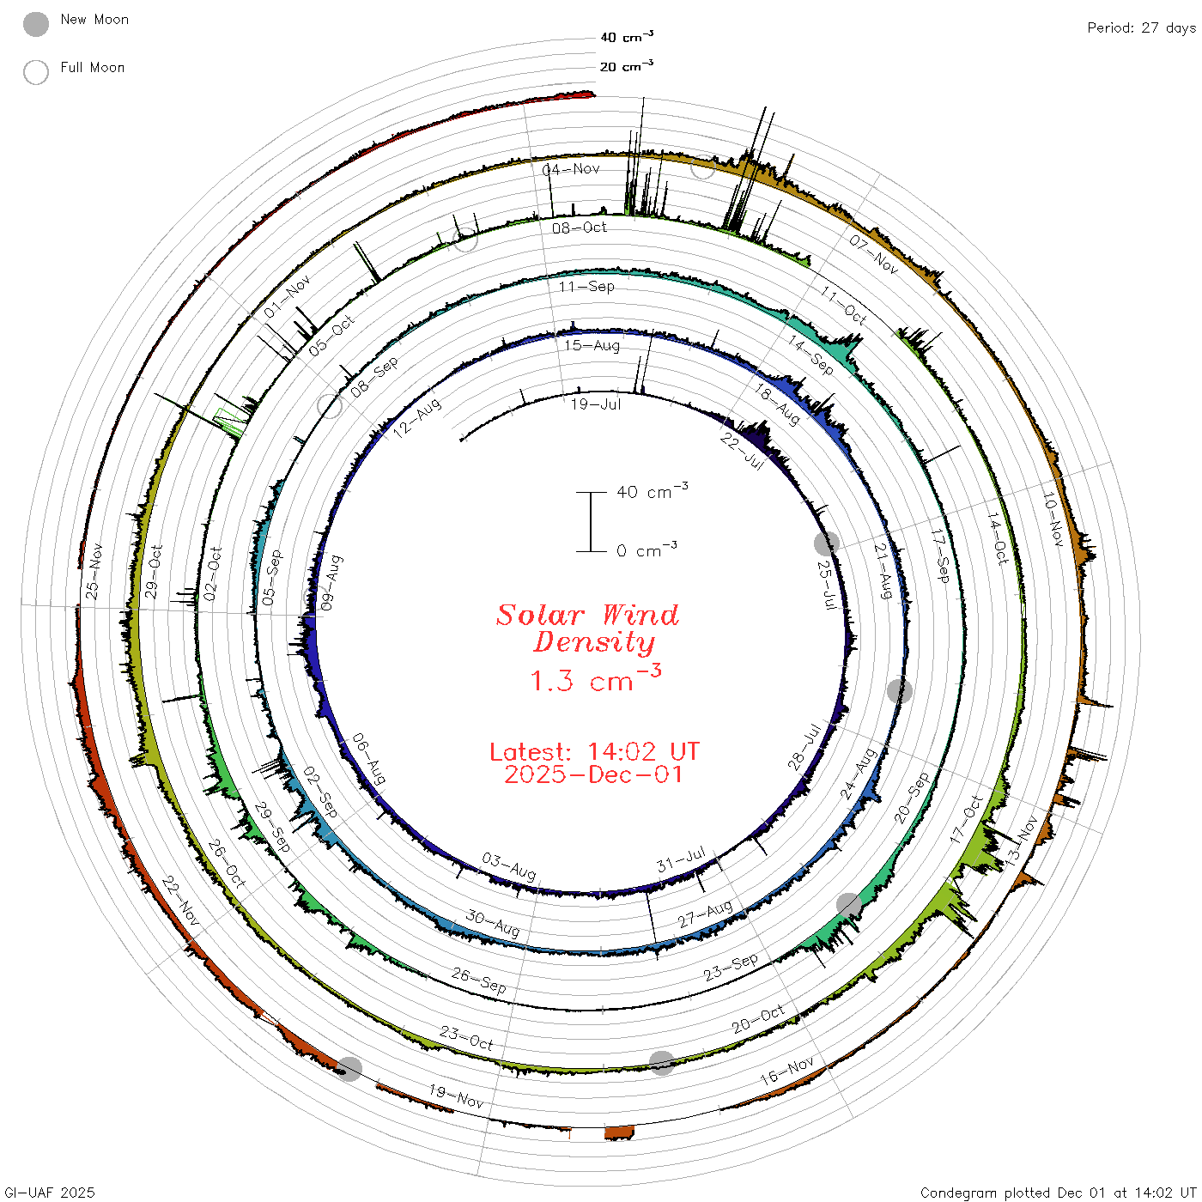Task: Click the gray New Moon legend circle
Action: (x=35, y=24)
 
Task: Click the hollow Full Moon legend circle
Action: (x=35, y=72)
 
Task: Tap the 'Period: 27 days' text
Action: (x=1141, y=28)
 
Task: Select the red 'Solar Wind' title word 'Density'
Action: (x=594, y=642)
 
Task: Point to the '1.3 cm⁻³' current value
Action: (x=595, y=678)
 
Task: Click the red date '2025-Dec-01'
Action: (x=594, y=774)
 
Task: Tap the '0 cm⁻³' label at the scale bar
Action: (x=647, y=549)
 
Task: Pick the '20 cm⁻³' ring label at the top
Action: (x=626, y=65)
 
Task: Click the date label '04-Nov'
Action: (x=571, y=169)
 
